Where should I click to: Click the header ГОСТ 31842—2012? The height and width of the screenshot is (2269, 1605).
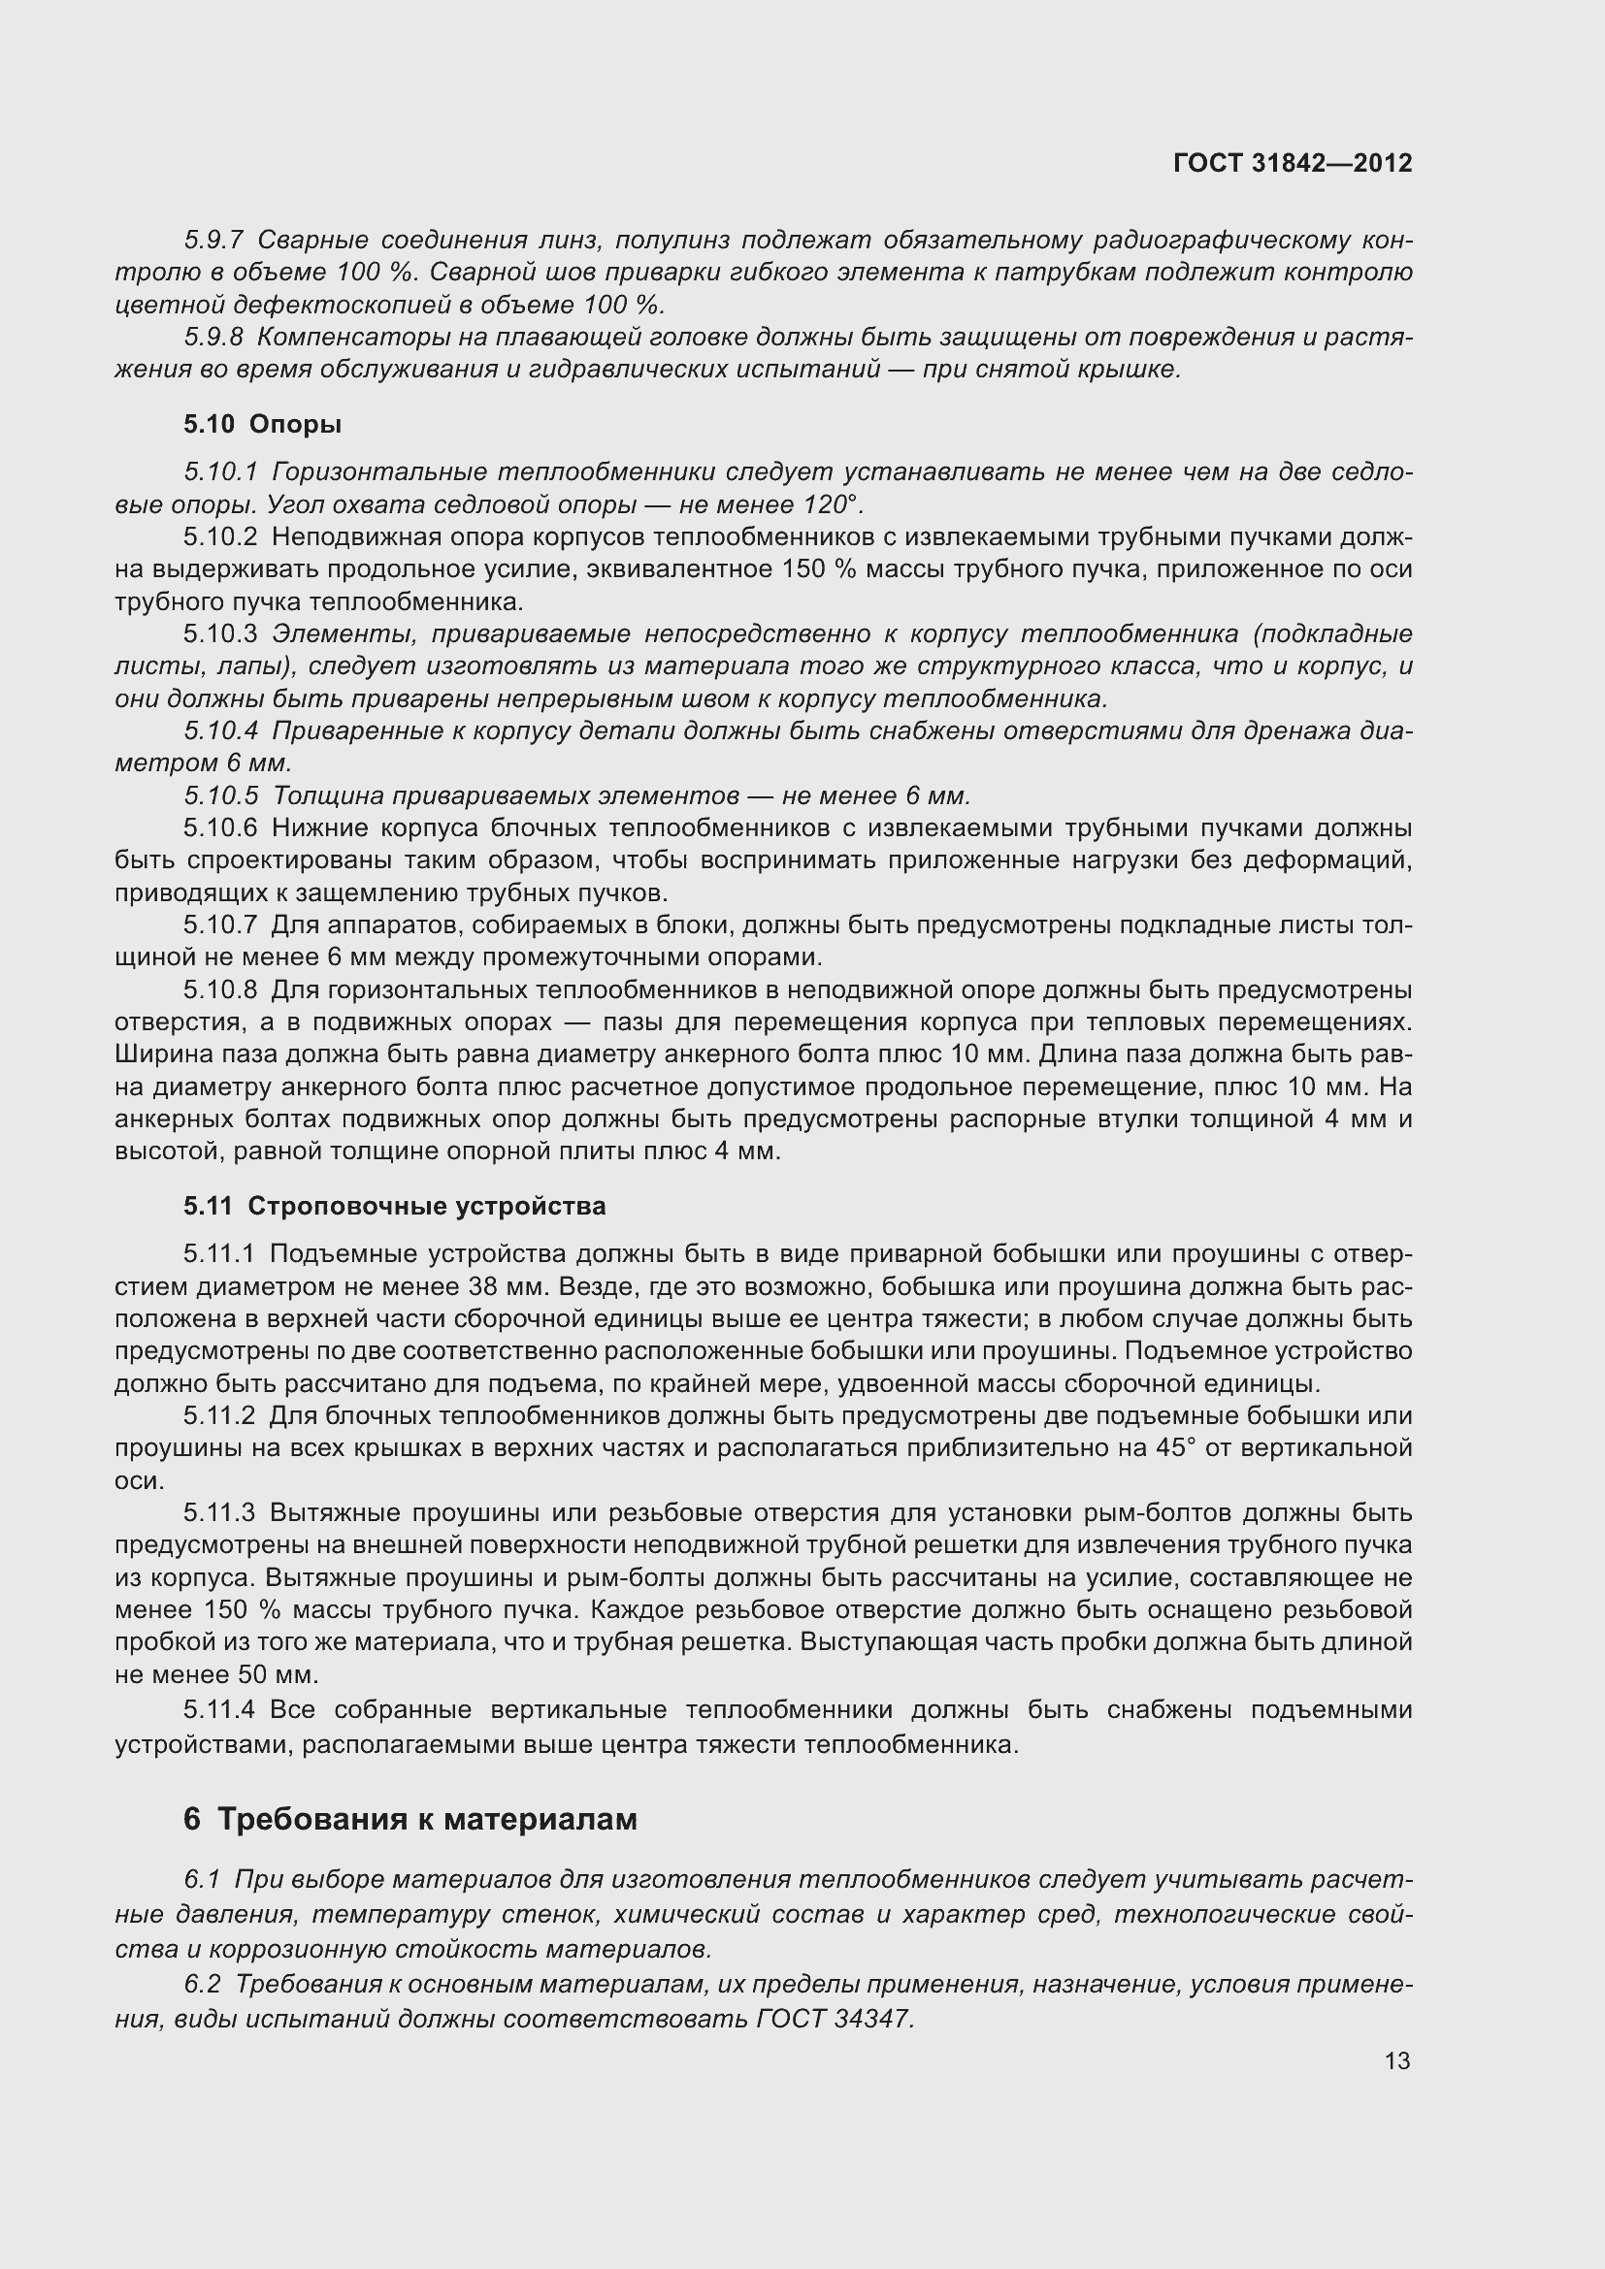click(1292, 163)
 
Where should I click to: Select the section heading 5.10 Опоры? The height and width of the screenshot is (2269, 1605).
click(262, 424)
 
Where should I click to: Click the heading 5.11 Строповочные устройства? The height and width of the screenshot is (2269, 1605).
click(394, 1206)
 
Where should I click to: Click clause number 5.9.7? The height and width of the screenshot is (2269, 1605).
click(213, 241)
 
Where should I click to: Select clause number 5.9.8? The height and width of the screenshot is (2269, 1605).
click(213, 337)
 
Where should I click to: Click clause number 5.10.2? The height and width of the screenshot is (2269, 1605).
click(220, 537)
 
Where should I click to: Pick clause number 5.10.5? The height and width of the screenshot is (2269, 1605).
click(220, 795)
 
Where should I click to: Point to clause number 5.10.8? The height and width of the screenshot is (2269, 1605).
click(220, 990)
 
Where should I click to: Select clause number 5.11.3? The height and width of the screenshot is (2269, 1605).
click(219, 1513)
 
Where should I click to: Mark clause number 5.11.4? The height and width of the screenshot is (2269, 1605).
click(219, 1709)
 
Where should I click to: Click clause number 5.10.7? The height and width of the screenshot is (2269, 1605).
click(220, 925)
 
